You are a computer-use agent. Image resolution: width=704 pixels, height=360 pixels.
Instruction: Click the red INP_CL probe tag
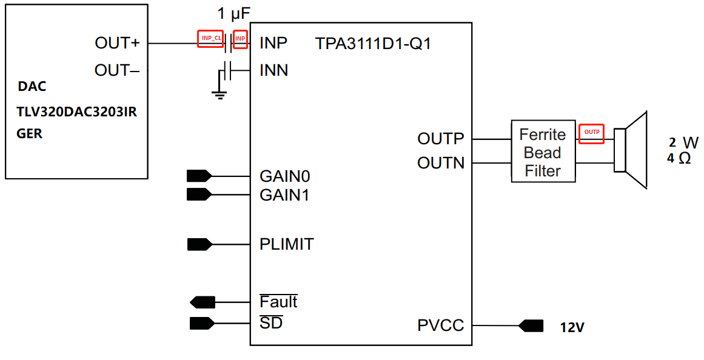pos(210,39)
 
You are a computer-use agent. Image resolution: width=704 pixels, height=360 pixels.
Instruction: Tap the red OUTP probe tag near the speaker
pos(591,134)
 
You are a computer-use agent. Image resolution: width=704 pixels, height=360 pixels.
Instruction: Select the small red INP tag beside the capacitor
pos(240,39)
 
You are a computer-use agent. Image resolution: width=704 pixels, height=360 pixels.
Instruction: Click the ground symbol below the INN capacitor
pos(220,95)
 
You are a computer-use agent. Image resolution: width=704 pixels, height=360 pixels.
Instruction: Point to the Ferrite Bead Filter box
pos(543,152)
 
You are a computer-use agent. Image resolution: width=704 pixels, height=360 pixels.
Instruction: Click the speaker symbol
pos(631,149)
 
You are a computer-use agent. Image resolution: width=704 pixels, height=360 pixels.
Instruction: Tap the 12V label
pos(572,327)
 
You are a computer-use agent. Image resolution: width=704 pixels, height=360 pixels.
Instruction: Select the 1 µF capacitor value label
pos(233,14)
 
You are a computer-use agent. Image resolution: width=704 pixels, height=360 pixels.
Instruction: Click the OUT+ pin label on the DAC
pos(117,43)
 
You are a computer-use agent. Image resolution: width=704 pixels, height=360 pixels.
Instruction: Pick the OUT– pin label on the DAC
pos(117,70)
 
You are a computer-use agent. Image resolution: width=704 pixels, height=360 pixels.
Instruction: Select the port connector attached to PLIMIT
pos(199,245)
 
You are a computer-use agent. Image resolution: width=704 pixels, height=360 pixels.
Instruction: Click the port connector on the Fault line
pos(203,302)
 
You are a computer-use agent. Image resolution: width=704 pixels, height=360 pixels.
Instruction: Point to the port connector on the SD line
pos(203,323)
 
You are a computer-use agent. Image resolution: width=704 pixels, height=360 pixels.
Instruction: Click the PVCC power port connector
pos(531,325)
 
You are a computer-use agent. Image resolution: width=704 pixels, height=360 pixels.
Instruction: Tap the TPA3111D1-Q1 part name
pos(373,44)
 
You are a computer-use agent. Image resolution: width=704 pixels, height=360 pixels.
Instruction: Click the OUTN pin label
pos(441,162)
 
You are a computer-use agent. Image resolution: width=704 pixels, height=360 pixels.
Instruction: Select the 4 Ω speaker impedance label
pos(679,158)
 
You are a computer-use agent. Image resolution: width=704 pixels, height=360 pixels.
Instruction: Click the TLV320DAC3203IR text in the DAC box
pos(77,112)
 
